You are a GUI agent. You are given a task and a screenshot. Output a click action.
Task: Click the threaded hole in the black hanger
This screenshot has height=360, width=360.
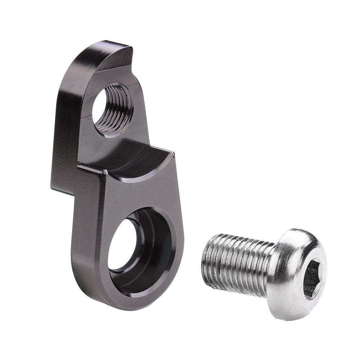click(x=112, y=109)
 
